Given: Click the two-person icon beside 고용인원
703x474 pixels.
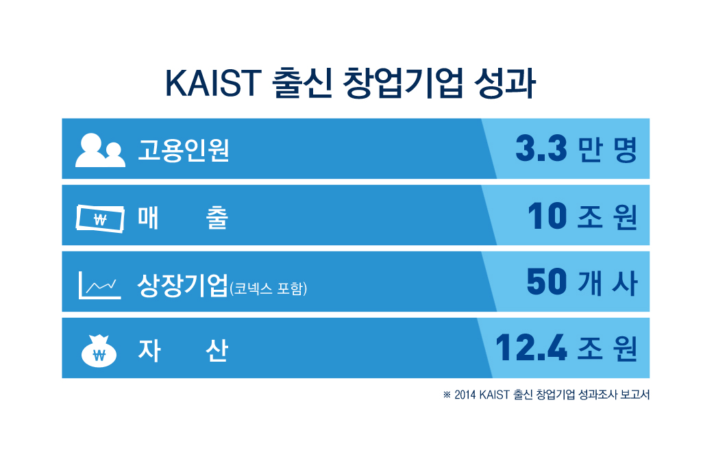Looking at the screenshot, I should click(x=100, y=150).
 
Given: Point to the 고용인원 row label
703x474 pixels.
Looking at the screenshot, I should click(x=183, y=149).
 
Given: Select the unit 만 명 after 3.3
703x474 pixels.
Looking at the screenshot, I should click(x=608, y=150).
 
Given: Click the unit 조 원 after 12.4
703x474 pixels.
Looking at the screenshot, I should click(x=608, y=350).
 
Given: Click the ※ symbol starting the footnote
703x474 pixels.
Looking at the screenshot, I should click(x=447, y=395).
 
